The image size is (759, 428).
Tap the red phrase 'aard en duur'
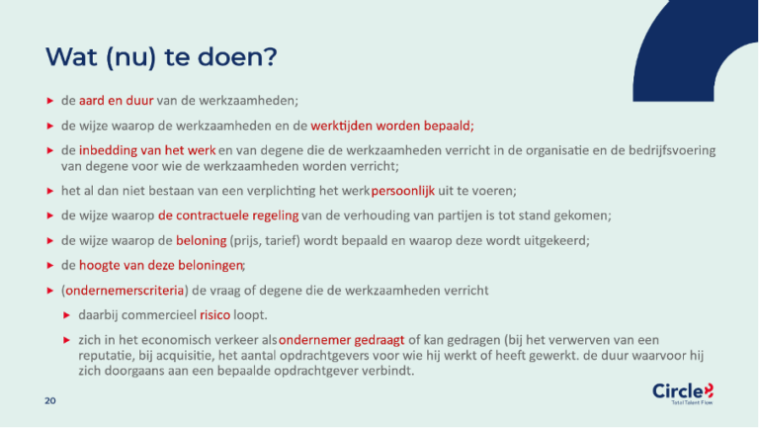(x=117, y=101)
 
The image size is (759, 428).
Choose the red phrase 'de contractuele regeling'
(x=219, y=215)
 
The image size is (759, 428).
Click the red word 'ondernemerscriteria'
(x=125, y=291)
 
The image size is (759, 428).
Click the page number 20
(x=48, y=401)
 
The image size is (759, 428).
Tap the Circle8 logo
(x=683, y=394)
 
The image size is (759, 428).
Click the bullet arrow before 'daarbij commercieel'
(x=67, y=314)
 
